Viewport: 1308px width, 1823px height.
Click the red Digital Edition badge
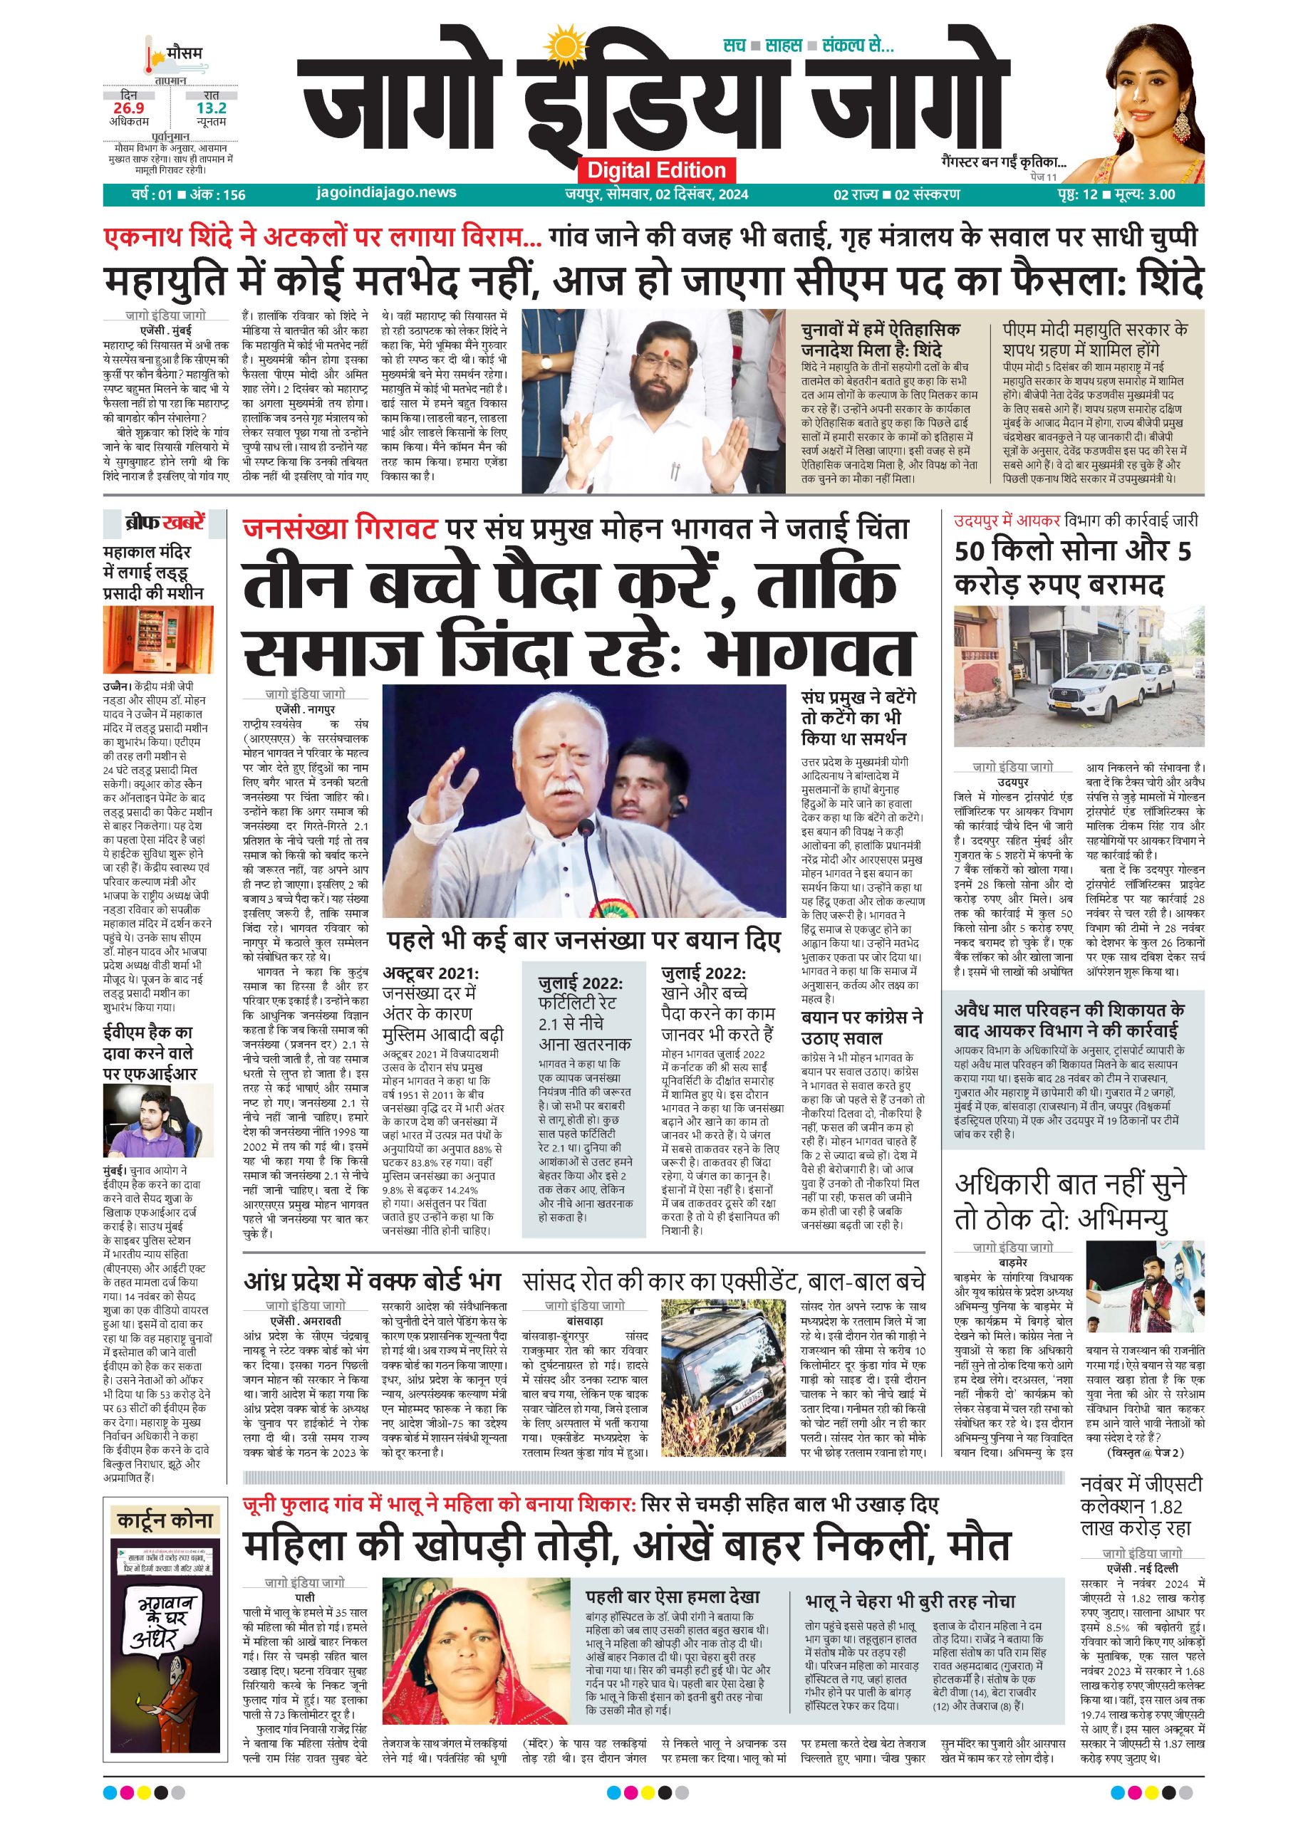pos(656,169)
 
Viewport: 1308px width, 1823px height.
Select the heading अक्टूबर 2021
pos(430,973)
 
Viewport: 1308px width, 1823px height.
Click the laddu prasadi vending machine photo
pos(157,639)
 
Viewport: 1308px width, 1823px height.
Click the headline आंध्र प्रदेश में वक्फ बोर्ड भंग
pos(372,1280)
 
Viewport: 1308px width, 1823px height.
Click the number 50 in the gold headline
pos(972,551)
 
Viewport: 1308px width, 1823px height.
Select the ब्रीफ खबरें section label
pos(164,523)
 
